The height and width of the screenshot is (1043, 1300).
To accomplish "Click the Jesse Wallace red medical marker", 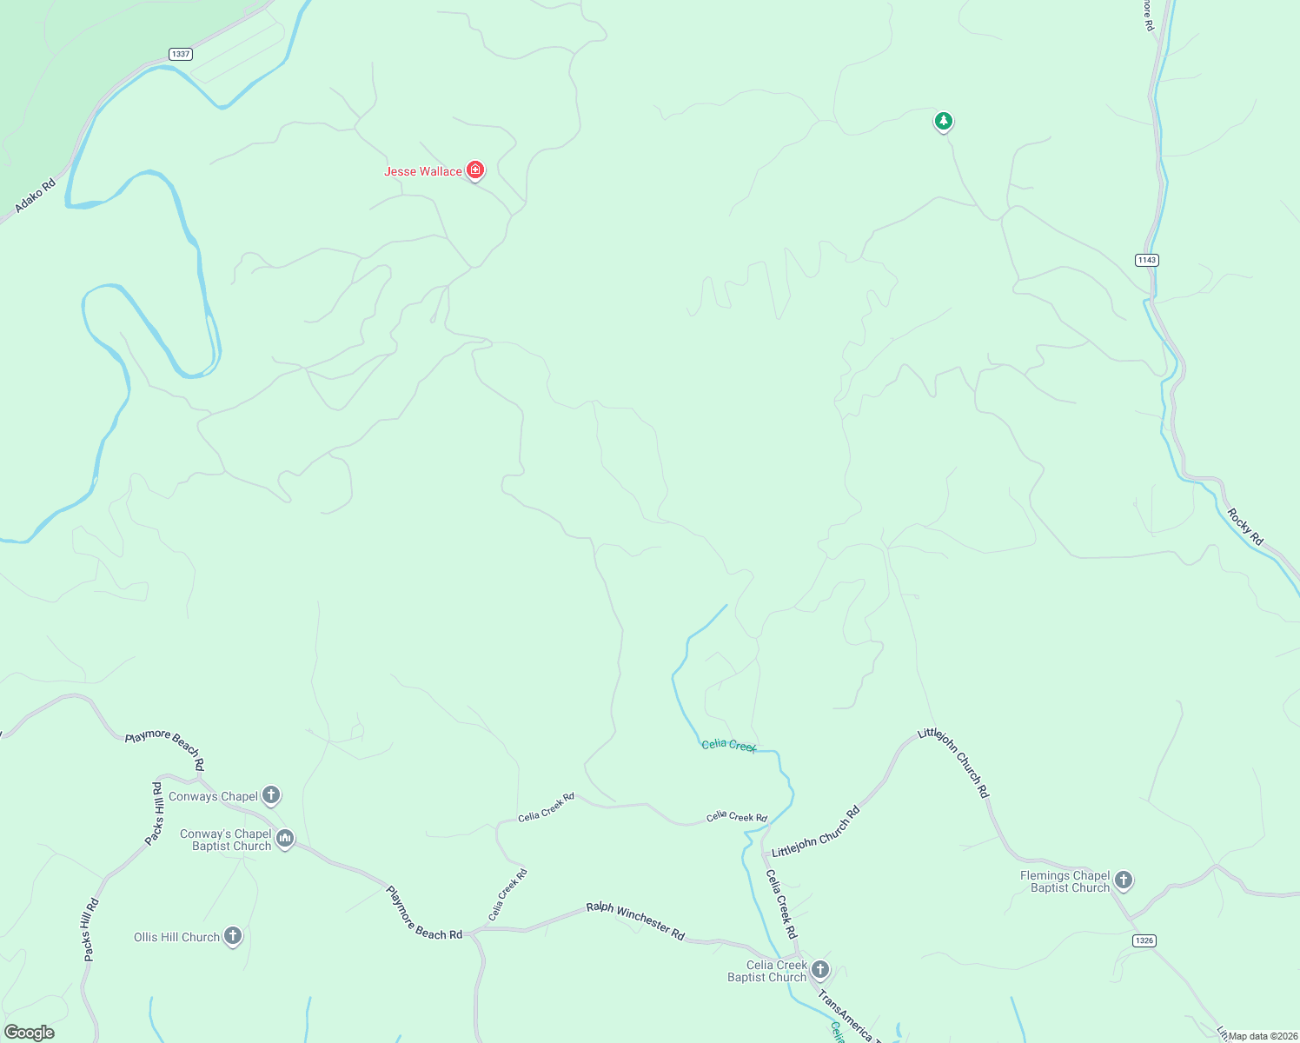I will click(x=474, y=169).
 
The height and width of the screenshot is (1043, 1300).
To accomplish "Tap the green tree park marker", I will click(x=944, y=121).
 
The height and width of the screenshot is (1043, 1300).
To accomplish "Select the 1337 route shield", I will click(x=181, y=54).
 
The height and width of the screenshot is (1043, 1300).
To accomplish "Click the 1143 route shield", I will click(x=1146, y=260).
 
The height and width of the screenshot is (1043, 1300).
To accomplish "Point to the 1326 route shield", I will click(x=1144, y=940).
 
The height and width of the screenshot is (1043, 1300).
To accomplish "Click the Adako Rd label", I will click(x=35, y=196).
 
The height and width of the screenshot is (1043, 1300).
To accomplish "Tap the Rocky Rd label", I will click(x=1245, y=527).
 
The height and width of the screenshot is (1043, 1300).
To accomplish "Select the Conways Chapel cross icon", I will click(x=271, y=794).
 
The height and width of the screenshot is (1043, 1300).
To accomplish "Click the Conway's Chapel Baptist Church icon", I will click(x=285, y=839).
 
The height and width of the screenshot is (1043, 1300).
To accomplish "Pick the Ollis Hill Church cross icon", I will click(x=232, y=936).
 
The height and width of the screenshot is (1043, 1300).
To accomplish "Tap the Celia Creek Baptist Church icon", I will click(x=819, y=969).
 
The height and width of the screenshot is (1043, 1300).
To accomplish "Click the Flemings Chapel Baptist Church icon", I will click(x=1124, y=880).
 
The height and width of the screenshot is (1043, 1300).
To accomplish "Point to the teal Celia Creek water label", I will click(x=729, y=745).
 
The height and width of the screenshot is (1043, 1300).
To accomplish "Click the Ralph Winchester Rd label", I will click(x=635, y=920).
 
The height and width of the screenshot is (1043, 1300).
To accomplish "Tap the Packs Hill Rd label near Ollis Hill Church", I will click(x=91, y=929).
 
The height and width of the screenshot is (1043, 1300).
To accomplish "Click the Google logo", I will click(x=30, y=1033).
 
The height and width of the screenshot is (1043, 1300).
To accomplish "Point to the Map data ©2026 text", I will click(x=1263, y=1036).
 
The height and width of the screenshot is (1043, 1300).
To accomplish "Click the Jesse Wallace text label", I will click(x=423, y=171).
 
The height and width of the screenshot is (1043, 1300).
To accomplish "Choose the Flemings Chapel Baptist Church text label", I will click(x=1065, y=881).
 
